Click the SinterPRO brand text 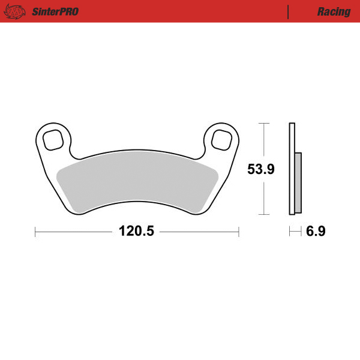pyautogui.click(x=53, y=11)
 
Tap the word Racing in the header pyautogui.click(x=334, y=11)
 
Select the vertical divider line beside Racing pyautogui.click(x=289, y=11)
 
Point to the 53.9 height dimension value pyautogui.click(x=261, y=169)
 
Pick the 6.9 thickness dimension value pyautogui.click(x=316, y=232)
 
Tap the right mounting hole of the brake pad pyautogui.click(x=221, y=140)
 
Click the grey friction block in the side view pyautogui.click(x=298, y=183)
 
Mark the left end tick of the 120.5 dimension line pyautogui.click(x=35, y=232)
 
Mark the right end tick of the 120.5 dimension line pyautogui.click(x=239, y=232)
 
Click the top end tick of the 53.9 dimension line pyautogui.click(x=262, y=123)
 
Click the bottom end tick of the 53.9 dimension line pyautogui.click(x=262, y=214)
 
